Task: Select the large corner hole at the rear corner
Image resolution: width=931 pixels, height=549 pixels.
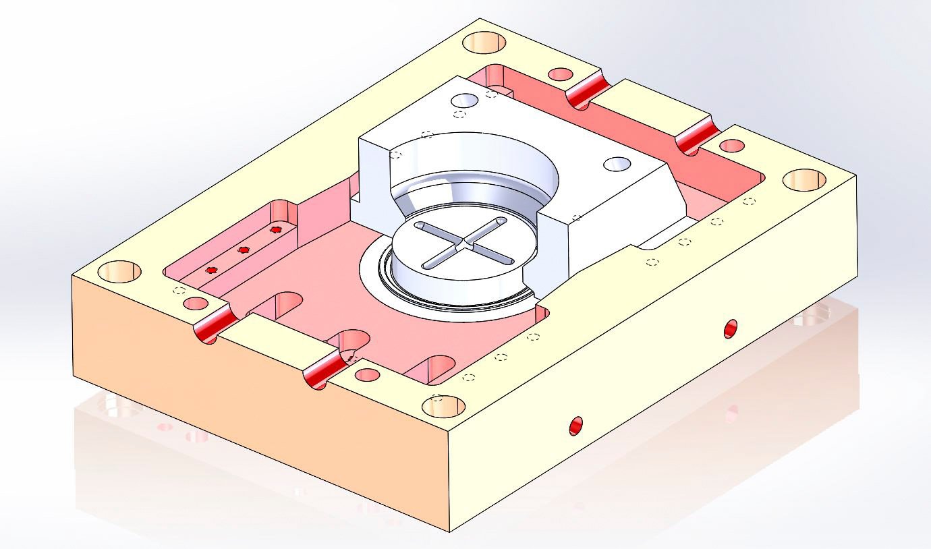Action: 484,42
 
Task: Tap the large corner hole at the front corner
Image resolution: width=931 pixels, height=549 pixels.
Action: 443,406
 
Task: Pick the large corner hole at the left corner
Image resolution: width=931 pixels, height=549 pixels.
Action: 119,272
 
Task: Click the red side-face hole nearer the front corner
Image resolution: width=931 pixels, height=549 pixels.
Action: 575,426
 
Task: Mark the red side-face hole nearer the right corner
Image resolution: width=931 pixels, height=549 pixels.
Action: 731,328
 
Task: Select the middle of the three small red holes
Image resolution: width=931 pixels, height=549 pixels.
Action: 244,250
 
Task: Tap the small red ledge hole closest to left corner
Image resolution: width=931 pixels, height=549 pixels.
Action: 212,270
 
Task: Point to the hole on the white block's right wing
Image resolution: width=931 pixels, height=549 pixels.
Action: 616,163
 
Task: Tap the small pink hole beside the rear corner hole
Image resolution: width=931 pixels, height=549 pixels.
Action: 561,74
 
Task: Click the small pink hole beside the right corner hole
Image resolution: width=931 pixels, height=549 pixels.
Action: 732,146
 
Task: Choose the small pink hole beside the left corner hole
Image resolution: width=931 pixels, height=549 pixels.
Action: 195,304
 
